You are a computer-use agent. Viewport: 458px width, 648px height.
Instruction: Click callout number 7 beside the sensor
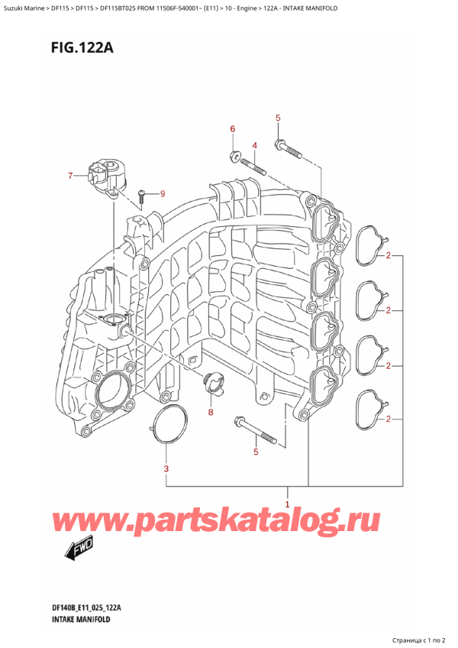click(x=69, y=177)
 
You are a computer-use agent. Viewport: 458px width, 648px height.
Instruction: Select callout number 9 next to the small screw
click(x=162, y=193)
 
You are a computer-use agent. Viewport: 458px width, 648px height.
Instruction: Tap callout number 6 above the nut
click(x=234, y=130)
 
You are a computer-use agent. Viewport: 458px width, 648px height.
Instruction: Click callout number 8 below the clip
click(x=211, y=413)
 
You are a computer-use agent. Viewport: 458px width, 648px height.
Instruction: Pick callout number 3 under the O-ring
click(x=166, y=468)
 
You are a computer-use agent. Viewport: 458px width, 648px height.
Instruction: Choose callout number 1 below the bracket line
click(x=287, y=504)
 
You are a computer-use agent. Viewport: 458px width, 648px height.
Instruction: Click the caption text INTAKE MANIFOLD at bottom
click(x=82, y=620)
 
